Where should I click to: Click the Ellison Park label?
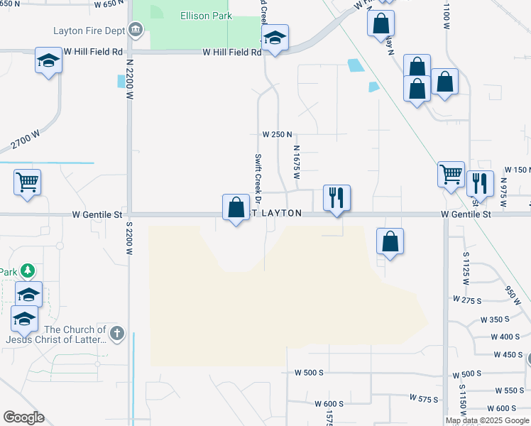(x=206, y=15)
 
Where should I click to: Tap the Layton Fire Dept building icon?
(x=135, y=31)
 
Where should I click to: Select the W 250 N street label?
(x=277, y=134)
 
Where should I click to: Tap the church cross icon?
(x=118, y=332)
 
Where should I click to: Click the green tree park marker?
(x=27, y=271)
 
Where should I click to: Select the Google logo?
(x=23, y=417)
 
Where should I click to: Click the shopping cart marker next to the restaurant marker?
(x=451, y=174)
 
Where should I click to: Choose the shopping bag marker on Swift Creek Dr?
(x=236, y=207)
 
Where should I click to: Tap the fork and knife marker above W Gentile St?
(x=336, y=197)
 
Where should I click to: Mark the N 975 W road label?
(x=503, y=190)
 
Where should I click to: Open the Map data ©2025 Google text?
(x=487, y=420)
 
